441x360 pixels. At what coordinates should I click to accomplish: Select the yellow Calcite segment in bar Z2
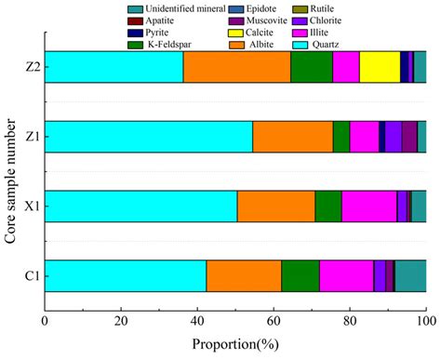(380, 67)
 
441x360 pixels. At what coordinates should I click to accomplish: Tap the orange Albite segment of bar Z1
(292, 137)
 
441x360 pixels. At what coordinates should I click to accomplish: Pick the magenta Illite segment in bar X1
(368, 207)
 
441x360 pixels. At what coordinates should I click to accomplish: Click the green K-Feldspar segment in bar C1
(300, 276)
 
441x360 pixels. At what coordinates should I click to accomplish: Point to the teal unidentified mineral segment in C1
(410, 276)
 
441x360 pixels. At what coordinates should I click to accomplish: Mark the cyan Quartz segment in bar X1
(140, 207)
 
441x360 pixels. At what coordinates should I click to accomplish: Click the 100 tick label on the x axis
(425, 323)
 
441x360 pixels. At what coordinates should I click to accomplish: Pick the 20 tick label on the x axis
(121, 323)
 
